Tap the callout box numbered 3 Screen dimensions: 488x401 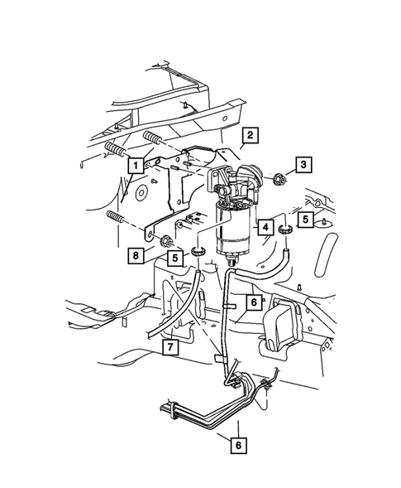point(305,167)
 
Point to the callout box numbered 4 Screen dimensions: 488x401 point(265,225)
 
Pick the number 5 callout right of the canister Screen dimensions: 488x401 point(305,220)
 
